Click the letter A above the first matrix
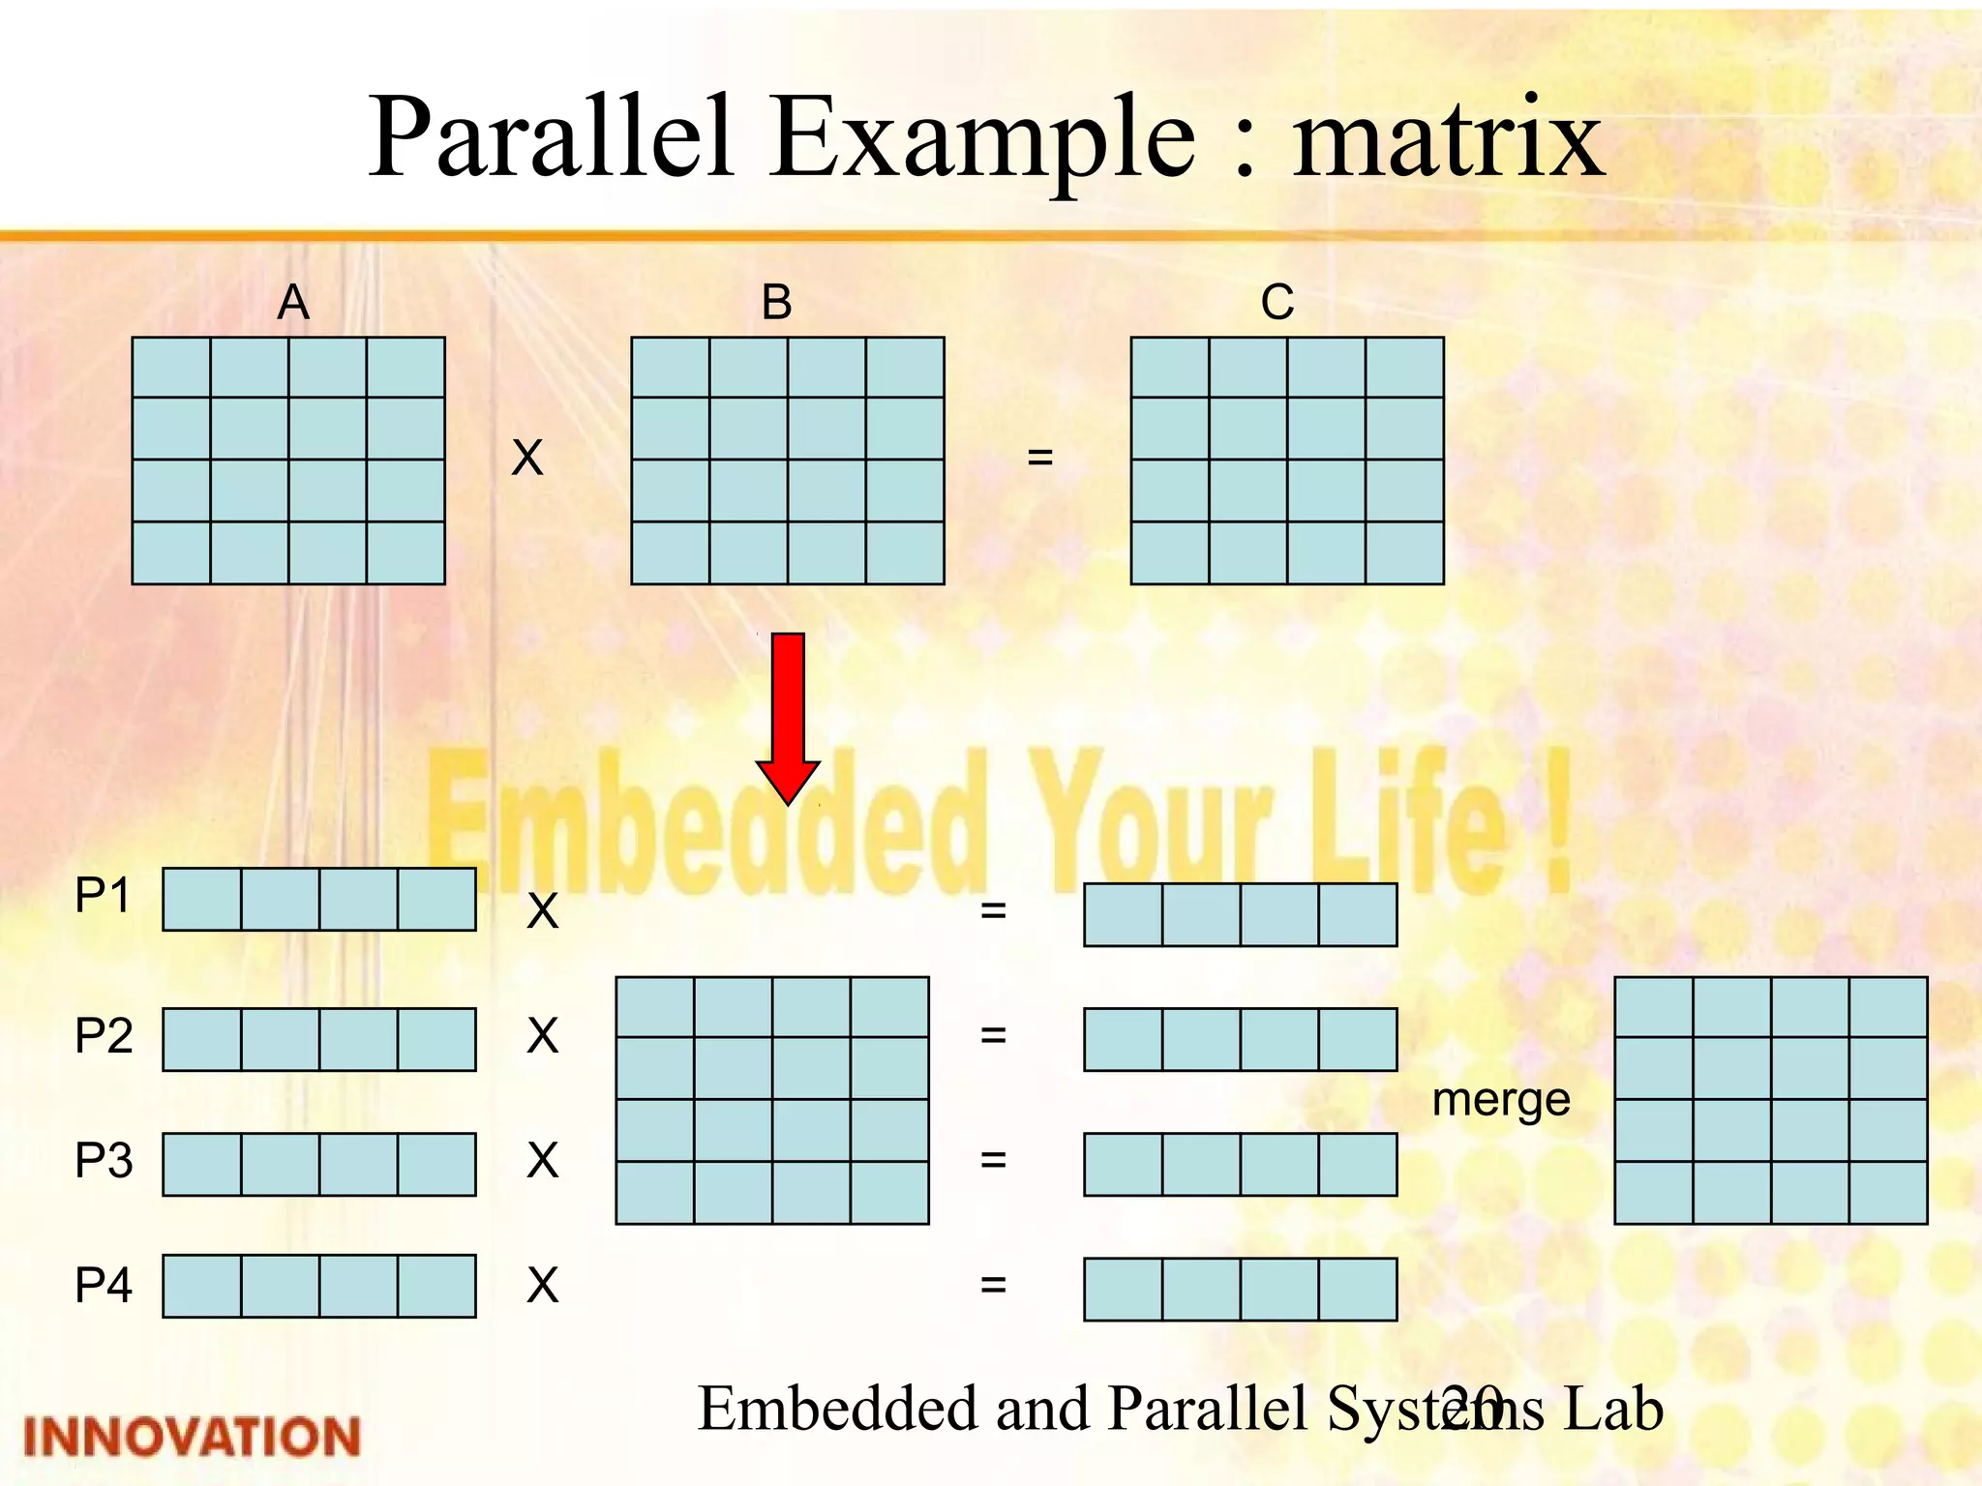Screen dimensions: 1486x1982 tap(293, 303)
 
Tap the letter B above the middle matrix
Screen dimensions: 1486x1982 tap(776, 303)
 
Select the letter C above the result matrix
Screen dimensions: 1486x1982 tap(1276, 303)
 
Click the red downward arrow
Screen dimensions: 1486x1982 tap(788, 716)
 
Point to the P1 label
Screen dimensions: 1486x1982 tap(103, 896)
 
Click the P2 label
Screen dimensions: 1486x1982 tap(104, 1036)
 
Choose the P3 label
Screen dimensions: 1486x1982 tap(104, 1160)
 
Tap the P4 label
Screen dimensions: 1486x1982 tap(104, 1286)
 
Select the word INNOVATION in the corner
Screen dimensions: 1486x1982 tap(192, 1437)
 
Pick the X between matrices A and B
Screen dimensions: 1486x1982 tap(527, 458)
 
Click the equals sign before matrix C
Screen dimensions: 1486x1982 tap(1039, 457)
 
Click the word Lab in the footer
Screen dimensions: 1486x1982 tap(1613, 1409)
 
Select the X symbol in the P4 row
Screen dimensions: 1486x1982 tap(543, 1286)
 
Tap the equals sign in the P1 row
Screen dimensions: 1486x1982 tap(993, 910)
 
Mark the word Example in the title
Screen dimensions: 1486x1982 tap(983, 140)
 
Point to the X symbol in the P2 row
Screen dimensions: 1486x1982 tap(543, 1036)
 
